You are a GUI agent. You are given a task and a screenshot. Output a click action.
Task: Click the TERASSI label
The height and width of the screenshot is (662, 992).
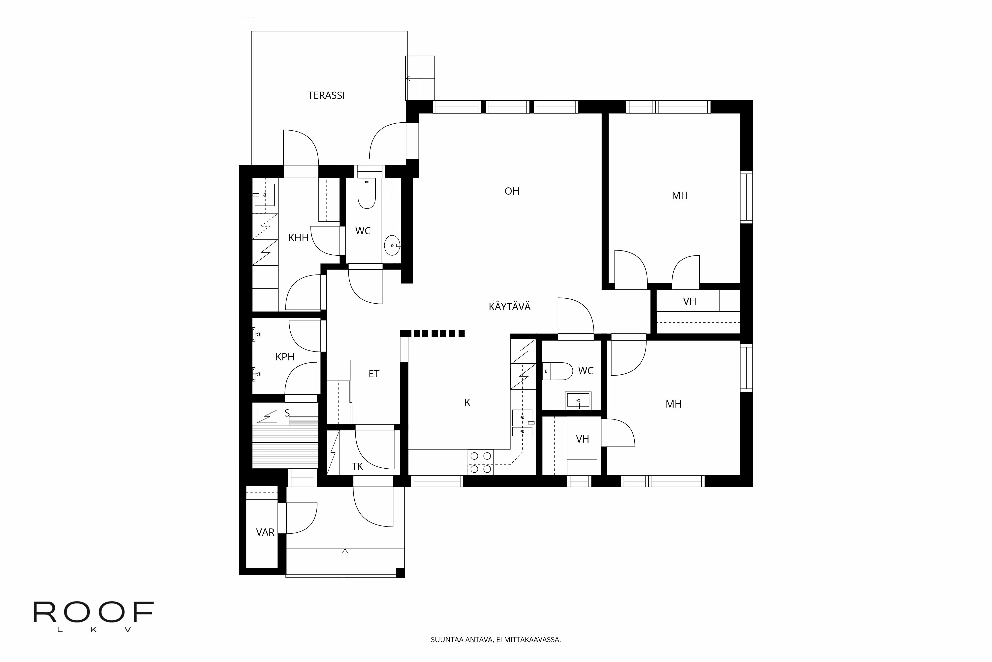coord(326,95)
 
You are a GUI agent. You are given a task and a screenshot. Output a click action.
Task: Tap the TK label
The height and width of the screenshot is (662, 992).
coord(357,466)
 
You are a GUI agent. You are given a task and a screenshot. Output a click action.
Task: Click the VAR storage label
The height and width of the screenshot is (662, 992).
coord(265,532)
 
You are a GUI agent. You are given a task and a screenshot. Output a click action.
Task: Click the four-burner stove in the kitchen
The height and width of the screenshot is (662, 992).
coord(480,462)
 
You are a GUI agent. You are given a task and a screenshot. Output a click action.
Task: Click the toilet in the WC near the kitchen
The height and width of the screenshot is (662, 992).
coord(557,371)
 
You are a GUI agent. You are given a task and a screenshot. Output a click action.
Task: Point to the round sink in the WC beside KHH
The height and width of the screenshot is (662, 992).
coord(392,245)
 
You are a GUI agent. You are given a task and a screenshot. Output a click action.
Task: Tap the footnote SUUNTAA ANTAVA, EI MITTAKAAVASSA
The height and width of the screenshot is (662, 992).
coord(496,640)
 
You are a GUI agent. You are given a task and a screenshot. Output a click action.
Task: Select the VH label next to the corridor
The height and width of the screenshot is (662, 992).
coord(690,301)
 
